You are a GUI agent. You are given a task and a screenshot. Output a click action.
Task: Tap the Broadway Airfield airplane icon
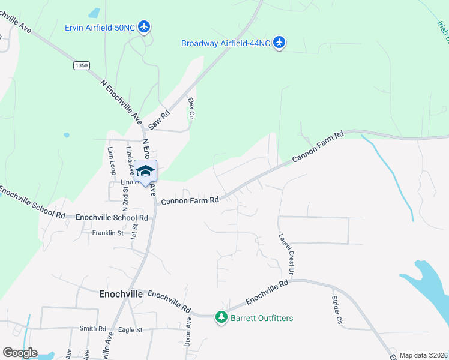279,43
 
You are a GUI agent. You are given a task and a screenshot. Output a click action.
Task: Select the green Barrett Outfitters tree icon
222,317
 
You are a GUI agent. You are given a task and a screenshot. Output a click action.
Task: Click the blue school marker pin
145,172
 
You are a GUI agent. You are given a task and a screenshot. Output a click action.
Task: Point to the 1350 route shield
81,65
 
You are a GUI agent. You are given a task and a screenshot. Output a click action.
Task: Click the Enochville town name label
121,295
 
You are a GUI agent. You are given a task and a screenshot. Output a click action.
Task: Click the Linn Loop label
111,161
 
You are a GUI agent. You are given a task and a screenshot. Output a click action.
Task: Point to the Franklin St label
107,233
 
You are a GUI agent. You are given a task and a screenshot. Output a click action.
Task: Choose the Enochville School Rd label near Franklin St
112,217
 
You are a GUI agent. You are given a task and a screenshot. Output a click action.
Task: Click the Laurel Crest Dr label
286,254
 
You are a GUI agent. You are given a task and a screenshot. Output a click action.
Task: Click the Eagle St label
130,329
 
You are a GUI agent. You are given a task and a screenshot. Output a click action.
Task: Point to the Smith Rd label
92,329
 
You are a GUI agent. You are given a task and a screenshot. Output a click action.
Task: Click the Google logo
20,353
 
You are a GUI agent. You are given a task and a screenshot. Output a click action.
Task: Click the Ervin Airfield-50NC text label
100,27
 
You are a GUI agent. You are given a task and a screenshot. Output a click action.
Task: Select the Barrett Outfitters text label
262,317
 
